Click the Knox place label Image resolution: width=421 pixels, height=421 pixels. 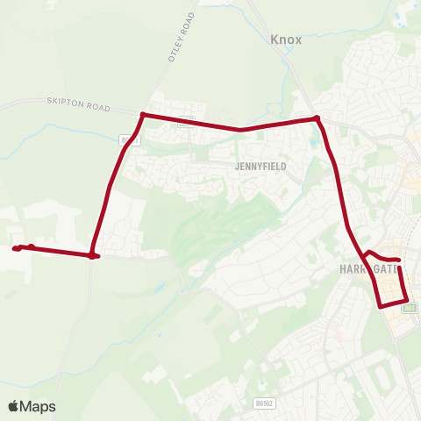click(286, 39)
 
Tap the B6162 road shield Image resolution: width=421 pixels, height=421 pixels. click(262, 403)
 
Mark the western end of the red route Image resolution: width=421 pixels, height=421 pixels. click(16, 249)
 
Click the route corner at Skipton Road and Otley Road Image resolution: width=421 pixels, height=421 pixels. click(142, 114)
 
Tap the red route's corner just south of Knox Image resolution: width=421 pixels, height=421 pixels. click(317, 118)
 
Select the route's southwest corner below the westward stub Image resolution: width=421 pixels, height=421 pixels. click(92, 256)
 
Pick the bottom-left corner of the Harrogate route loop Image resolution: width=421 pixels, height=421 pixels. click(380, 306)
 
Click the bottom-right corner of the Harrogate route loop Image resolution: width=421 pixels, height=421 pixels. click(406, 301)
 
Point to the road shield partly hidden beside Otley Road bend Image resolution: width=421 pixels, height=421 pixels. click(130, 139)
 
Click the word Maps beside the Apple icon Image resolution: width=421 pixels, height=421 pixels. click(39, 406)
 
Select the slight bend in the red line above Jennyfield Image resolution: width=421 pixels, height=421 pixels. click(241, 130)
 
